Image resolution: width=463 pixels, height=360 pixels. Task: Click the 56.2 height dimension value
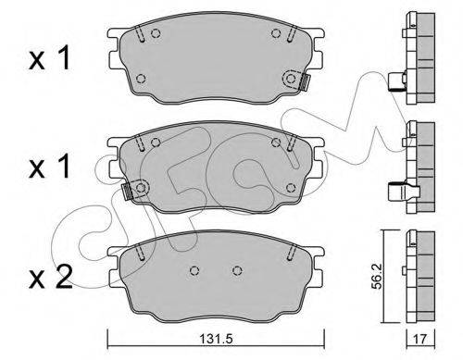377,276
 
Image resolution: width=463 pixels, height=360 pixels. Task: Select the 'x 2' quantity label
51,277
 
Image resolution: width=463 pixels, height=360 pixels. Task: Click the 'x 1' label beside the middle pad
50,167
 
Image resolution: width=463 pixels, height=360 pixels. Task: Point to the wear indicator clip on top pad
305,82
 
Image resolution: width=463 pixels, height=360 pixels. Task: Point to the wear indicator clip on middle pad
127,192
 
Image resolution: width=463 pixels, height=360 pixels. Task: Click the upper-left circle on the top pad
156,33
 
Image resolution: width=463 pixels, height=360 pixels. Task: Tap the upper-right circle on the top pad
276,33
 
